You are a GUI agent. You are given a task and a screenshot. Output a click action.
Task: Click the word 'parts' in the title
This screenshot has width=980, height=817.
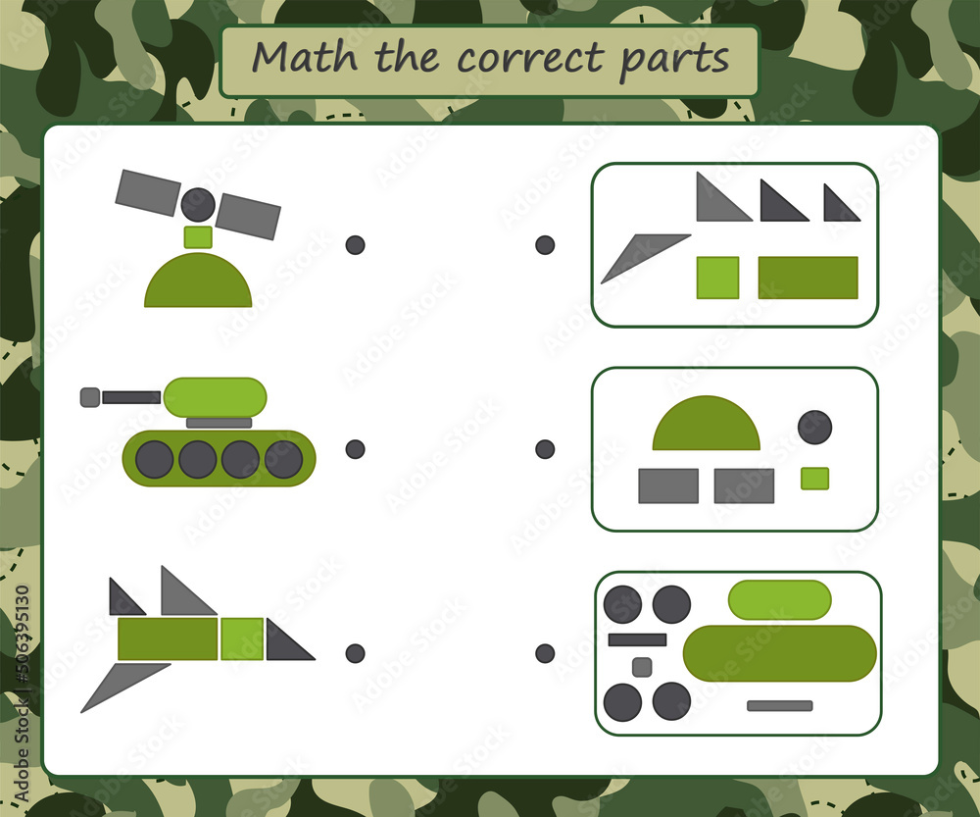(675, 59)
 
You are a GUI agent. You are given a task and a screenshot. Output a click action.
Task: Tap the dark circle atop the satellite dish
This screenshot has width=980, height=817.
(198, 204)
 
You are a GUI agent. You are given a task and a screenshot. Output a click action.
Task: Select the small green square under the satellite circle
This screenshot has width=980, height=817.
(198, 236)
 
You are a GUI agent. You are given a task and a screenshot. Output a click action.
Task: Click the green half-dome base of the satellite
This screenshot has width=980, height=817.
(198, 284)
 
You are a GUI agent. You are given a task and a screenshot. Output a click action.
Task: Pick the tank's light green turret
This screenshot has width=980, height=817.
(216, 396)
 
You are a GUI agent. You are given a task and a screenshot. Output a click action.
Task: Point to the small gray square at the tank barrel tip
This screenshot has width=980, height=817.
(90, 397)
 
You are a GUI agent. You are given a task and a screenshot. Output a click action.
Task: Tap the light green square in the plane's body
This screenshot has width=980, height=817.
(242, 638)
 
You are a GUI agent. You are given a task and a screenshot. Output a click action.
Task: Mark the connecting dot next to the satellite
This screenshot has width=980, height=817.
(355, 245)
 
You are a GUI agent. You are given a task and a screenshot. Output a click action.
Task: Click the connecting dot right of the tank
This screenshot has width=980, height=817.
(355, 449)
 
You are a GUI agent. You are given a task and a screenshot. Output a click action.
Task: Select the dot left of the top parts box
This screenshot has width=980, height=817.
(545, 245)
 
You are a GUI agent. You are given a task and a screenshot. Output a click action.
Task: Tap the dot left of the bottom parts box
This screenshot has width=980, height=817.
(545, 653)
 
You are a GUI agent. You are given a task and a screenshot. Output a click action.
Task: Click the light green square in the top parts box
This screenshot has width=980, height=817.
(717, 278)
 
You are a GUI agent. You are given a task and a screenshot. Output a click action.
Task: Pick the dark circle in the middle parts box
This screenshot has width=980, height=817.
(814, 428)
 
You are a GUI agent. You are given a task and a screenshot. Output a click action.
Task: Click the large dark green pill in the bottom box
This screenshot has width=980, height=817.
(779, 653)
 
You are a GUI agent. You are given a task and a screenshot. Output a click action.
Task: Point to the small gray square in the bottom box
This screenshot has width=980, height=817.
(642, 667)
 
